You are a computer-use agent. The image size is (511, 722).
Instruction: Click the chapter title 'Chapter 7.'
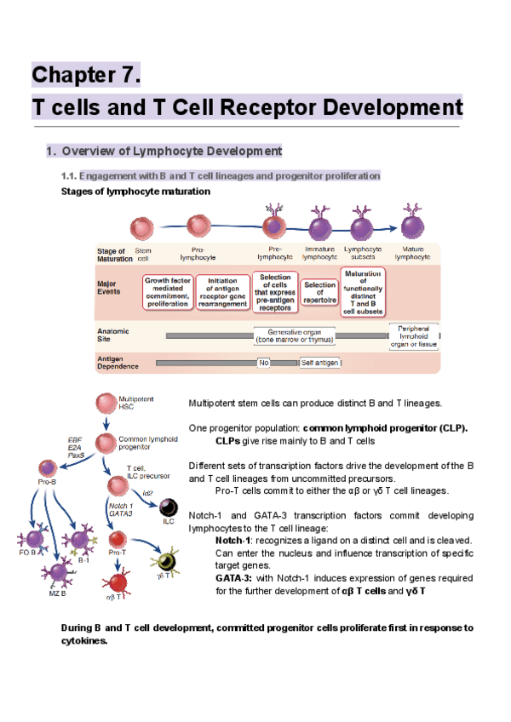tap(85, 75)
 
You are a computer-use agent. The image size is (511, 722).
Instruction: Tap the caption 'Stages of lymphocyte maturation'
tap(136, 191)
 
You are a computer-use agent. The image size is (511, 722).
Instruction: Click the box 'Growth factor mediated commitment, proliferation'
tap(168, 291)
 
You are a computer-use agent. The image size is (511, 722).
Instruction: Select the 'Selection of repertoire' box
tap(319, 291)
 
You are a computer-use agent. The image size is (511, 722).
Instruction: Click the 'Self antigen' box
tap(320, 362)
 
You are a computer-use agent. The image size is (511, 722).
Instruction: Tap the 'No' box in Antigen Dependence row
tap(264, 362)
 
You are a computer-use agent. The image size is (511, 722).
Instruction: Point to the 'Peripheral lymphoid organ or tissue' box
tap(413, 335)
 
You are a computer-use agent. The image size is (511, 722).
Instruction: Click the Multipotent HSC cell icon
tap(106, 402)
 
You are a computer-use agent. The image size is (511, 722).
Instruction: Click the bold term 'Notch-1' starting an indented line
tap(233, 540)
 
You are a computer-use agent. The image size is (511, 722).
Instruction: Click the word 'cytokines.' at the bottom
tap(84, 641)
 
